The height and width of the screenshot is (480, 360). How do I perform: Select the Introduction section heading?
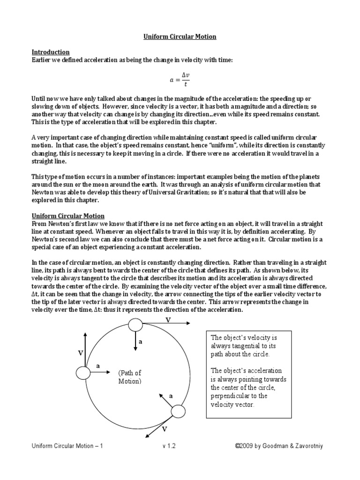[x=51, y=52]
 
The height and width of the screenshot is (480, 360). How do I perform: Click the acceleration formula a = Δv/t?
[x=180, y=80]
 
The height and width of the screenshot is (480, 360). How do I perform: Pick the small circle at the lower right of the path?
[x=179, y=412]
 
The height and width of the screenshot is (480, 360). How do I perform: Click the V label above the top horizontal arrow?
[x=168, y=319]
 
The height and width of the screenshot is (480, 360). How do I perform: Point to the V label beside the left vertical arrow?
[x=80, y=352]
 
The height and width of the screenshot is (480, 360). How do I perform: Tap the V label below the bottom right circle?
[x=164, y=429]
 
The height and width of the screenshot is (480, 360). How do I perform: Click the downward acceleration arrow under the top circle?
[x=135, y=341]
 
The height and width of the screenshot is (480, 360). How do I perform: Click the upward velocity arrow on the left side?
[x=85, y=348]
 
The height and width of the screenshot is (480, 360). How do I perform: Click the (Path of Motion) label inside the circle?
[x=129, y=377]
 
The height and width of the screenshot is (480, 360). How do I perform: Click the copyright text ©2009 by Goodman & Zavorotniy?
[x=279, y=446]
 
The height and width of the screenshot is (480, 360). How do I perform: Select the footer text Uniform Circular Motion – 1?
[x=67, y=446]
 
